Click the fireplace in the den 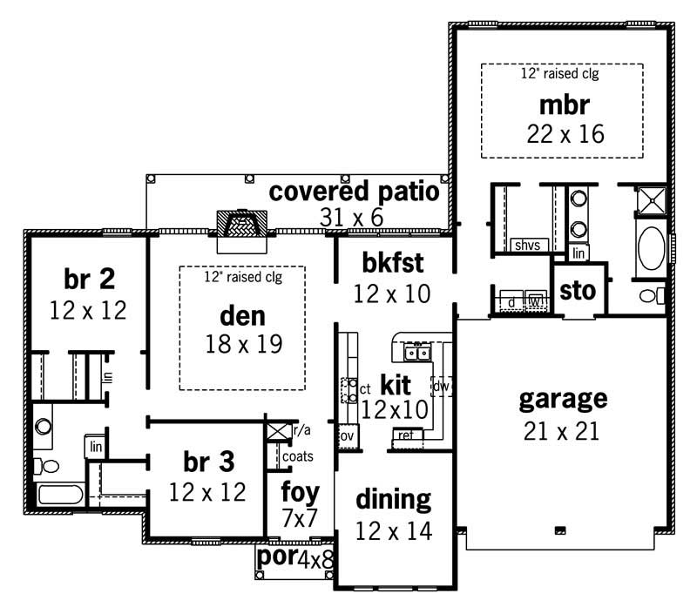coord(238,225)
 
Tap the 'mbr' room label coord(565,105)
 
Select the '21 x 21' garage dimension coord(562,430)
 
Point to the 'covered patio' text coord(354,191)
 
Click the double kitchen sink coord(416,352)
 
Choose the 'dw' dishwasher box coord(442,385)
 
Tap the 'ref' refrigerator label coord(406,434)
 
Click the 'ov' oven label coord(346,435)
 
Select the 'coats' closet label coord(297,455)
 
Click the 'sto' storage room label coord(576,290)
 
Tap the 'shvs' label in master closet coord(527,246)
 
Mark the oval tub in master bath coord(652,250)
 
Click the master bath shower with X coord(652,201)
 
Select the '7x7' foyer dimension coord(298,520)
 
